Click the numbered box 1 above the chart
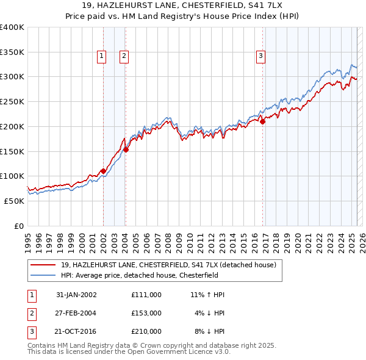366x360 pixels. click(101, 56)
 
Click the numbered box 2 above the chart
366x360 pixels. click(124, 56)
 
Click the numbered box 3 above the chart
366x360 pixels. click(260, 56)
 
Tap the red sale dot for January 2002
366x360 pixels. click(103, 171)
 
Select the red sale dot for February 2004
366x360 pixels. click(126, 149)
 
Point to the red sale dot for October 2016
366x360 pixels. click(263, 121)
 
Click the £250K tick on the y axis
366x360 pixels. click(12, 101)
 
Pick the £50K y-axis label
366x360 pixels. click(15, 201)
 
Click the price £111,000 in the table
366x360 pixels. click(146, 295)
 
